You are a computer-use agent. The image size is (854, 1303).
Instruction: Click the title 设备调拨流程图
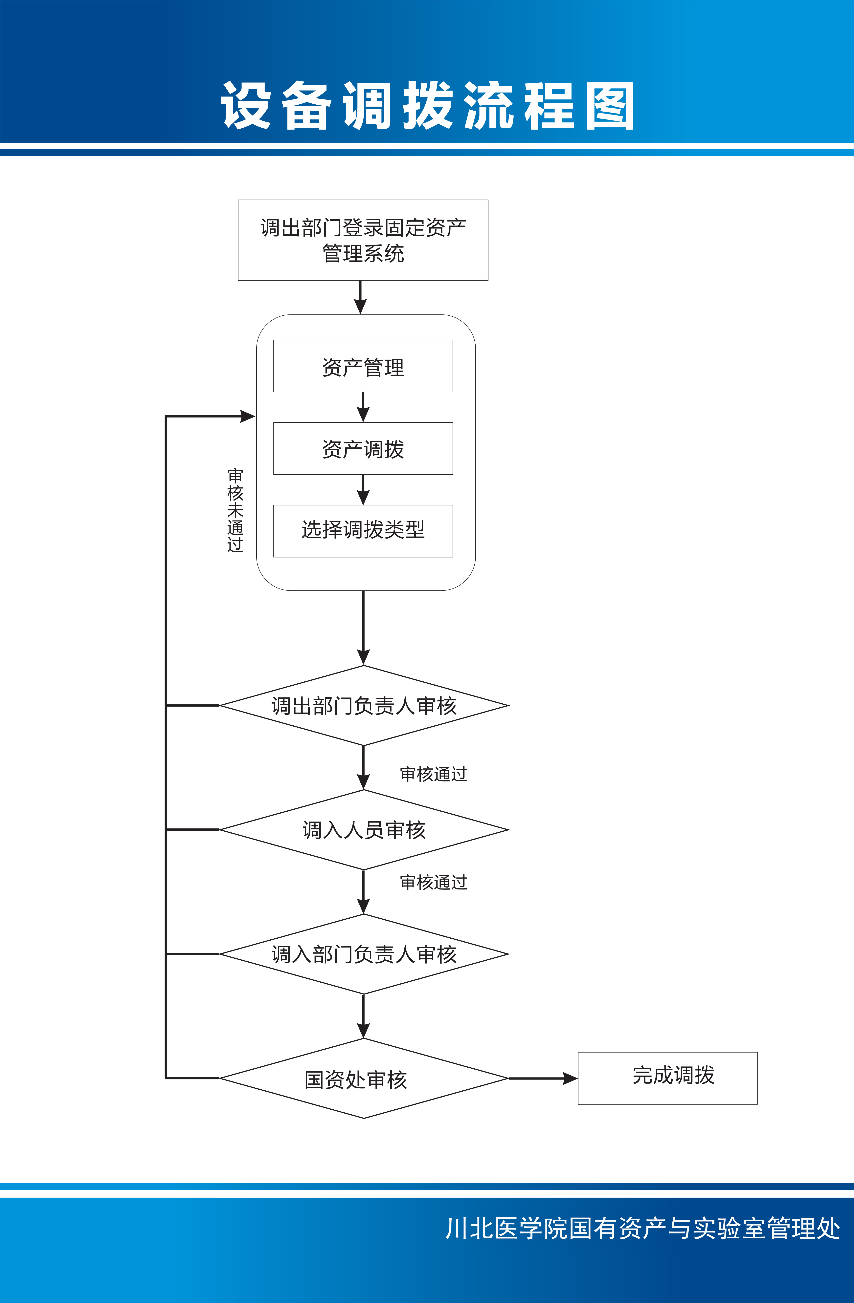pos(427,106)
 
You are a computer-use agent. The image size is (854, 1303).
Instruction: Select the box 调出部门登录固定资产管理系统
pos(363,240)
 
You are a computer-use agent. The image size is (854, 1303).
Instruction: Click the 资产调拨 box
pos(363,448)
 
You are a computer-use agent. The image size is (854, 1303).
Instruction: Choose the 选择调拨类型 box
pos(363,530)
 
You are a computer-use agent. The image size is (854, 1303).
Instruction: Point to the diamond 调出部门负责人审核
pos(364,706)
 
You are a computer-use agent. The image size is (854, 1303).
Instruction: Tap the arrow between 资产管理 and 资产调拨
pos(363,407)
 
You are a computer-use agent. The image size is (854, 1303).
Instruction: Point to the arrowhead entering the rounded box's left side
pos(248,417)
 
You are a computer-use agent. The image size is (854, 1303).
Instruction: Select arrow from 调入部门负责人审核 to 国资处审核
pos(363,1016)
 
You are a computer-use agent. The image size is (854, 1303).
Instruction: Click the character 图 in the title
pos(609,106)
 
